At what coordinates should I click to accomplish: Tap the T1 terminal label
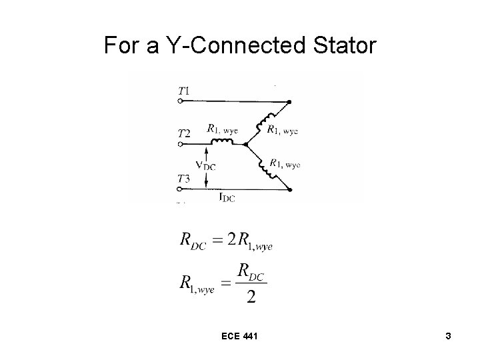(185, 90)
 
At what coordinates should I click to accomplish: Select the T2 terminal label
(185, 133)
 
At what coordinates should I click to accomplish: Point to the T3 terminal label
(185, 178)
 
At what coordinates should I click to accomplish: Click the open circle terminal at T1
(180, 101)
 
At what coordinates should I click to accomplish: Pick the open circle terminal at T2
(180, 145)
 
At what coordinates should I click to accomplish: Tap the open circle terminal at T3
(180, 189)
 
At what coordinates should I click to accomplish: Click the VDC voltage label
(205, 165)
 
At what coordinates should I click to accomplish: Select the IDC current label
(227, 197)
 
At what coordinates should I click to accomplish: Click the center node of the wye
(246, 143)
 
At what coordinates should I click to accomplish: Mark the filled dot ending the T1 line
(289, 102)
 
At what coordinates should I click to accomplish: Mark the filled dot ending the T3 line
(290, 189)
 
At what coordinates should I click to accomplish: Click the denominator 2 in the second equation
(251, 297)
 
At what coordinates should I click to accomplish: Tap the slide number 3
(449, 337)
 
